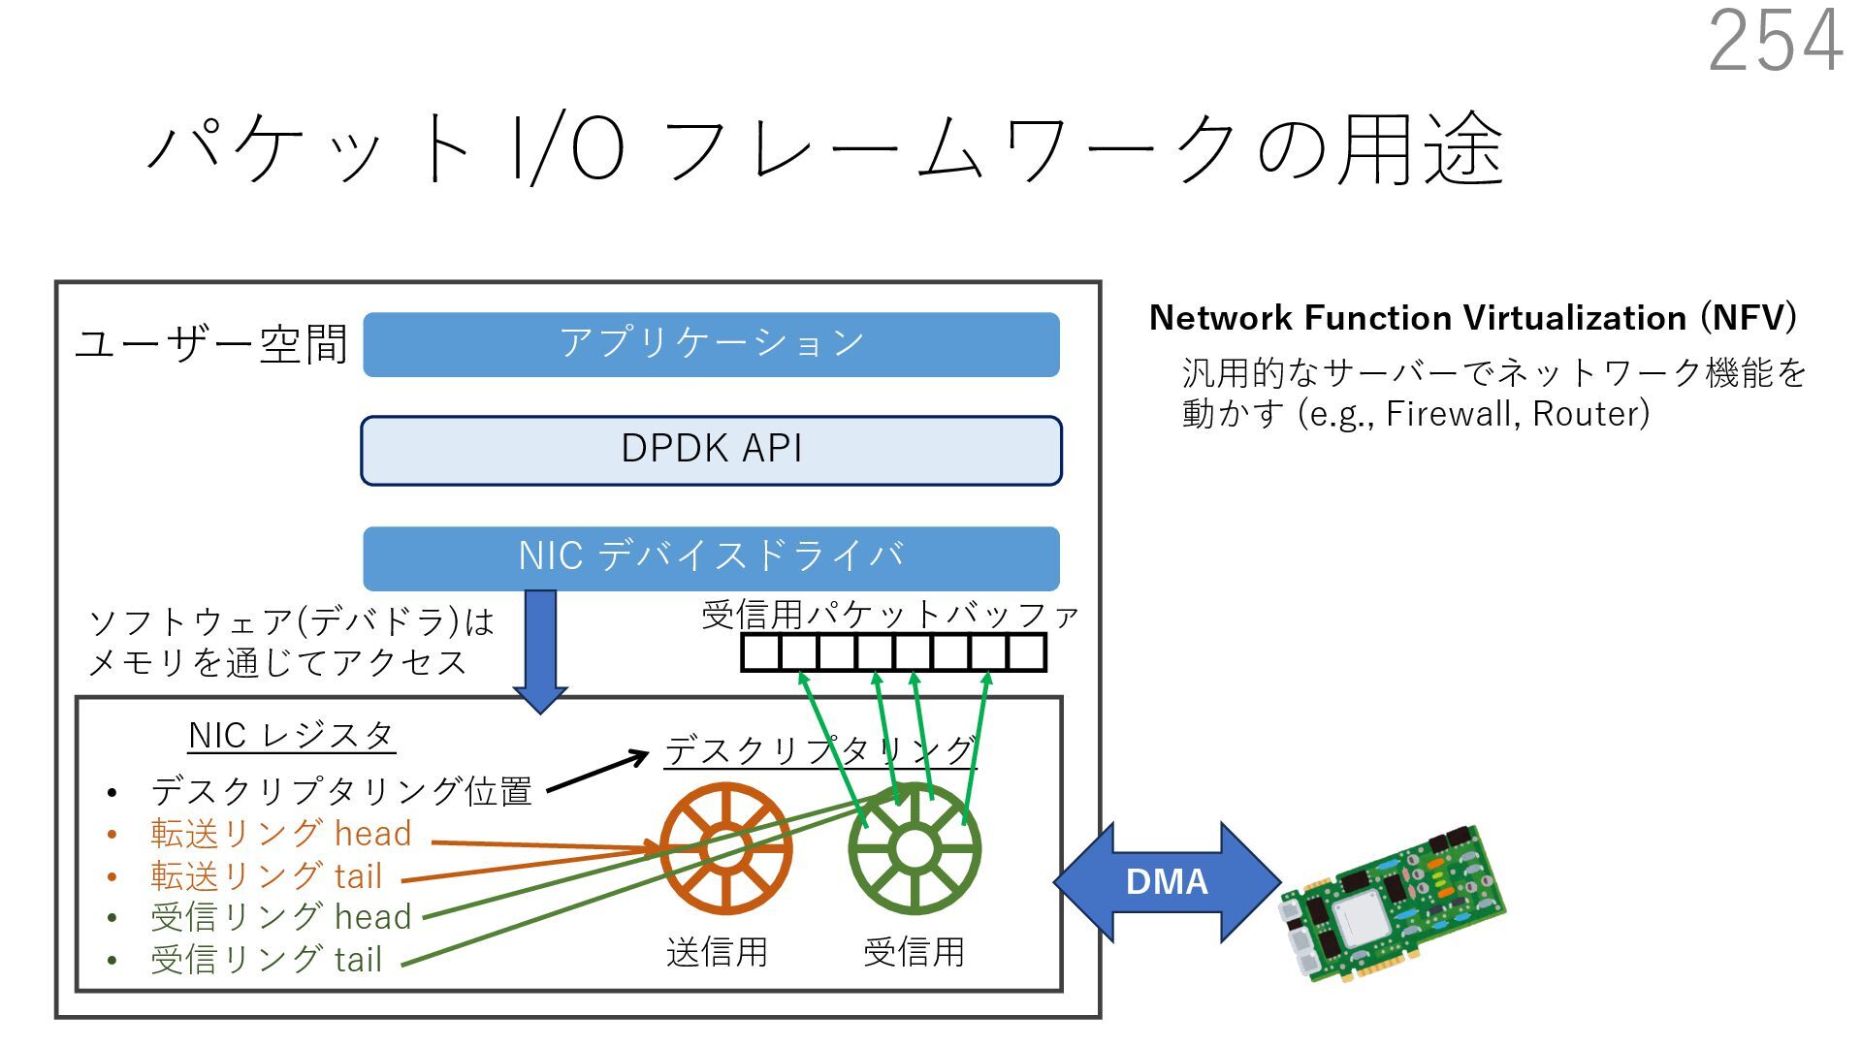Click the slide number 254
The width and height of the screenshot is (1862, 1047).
(x=1775, y=41)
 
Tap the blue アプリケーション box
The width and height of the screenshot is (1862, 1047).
(x=711, y=344)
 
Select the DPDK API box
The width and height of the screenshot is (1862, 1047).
(x=711, y=450)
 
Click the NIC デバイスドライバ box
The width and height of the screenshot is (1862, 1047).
(x=711, y=557)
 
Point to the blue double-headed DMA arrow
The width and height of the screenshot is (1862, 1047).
(x=1167, y=881)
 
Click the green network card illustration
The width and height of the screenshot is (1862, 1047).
(x=1392, y=904)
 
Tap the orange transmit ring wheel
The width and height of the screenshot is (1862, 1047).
(x=725, y=848)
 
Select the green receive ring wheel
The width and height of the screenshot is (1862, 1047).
(x=914, y=849)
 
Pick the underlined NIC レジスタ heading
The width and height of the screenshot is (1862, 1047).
(x=291, y=735)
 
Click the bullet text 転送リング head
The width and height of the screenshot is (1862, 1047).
(x=281, y=834)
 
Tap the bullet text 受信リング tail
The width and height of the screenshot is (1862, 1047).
(x=267, y=959)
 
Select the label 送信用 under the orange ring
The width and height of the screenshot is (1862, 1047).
(x=717, y=951)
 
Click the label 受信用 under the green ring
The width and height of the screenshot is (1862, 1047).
(x=914, y=951)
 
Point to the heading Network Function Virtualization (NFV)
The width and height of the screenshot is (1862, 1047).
(x=1472, y=318)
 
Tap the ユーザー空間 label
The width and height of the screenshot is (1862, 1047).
(x=210, y=344)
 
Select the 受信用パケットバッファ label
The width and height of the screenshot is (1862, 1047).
(x=890, y=615)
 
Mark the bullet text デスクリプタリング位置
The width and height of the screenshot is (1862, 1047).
(x=341, y=791)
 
